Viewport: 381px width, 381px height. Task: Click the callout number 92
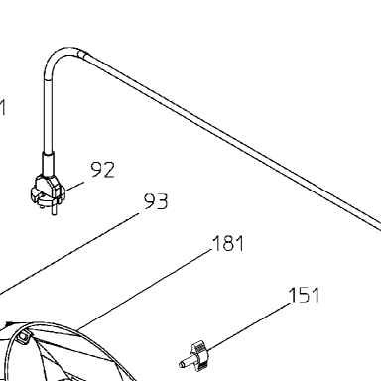[103, 170]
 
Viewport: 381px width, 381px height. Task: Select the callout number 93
[156, 201]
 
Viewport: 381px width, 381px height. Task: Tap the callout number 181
[228, 243]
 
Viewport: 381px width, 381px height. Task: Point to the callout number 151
[304, 295]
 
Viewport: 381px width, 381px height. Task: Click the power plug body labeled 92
[48, 190]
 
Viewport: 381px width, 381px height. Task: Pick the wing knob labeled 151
[199, 356]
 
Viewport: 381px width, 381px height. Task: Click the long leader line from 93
[69, 254]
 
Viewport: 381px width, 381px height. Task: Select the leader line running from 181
[144, 290]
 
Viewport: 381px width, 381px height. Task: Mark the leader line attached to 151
[249, 326]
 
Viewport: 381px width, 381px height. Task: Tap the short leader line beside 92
[74, 186]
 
